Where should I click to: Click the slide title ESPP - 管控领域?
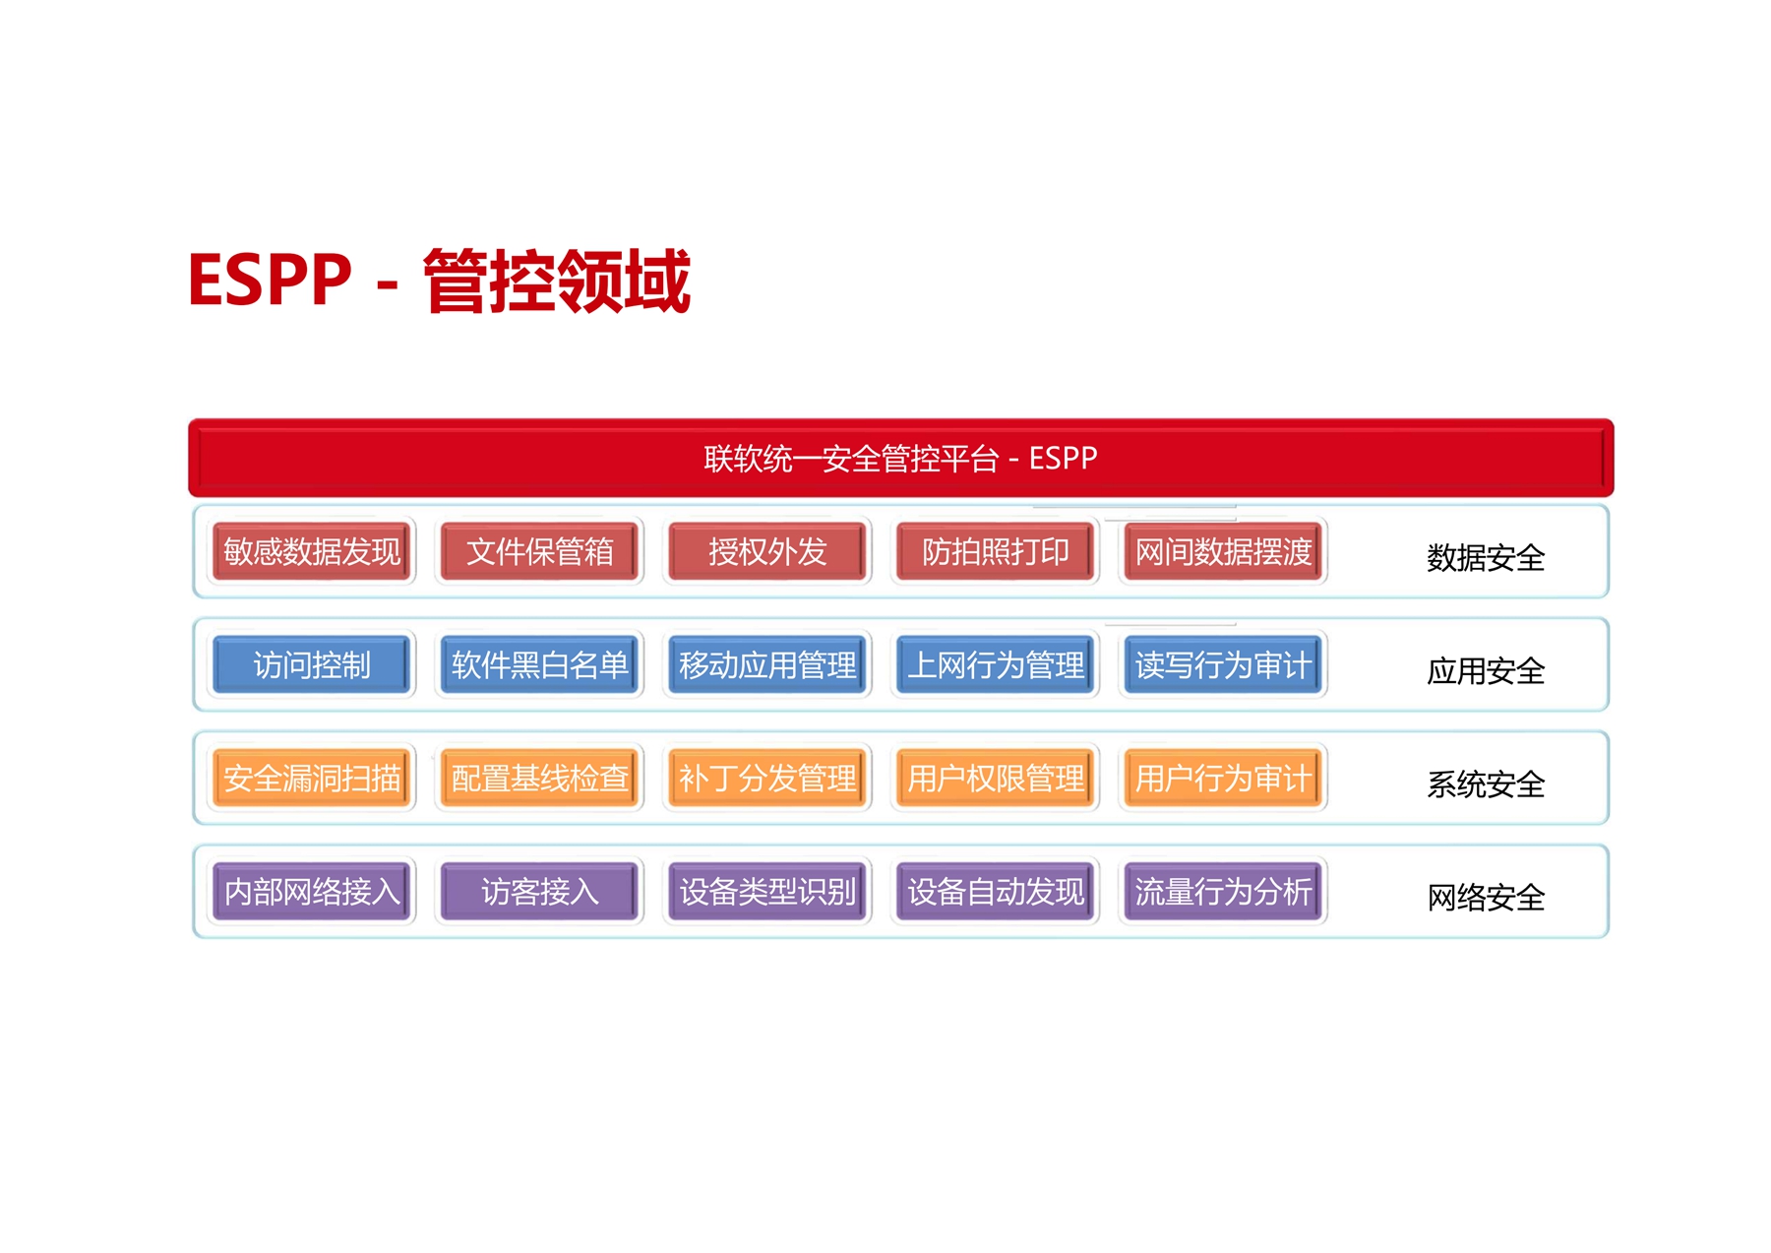click(439, 281)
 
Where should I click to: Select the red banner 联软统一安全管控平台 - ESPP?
click(900, 458)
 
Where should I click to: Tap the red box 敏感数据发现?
click(312, 551)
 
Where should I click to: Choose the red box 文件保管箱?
click(539, 551)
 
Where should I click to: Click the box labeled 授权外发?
click(767, 551)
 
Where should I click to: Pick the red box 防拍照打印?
click(995, 551)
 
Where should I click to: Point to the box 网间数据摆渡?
click(1223, 551)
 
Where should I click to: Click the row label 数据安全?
click(1486, 558)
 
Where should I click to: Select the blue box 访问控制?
click(312, 664)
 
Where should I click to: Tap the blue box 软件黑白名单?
click(539, 664)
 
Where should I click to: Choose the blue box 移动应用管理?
click(767, 664)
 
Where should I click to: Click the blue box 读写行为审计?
click(1223, 664)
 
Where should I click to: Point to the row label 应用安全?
click(1486, 671)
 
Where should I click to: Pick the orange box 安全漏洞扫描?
click(312, 778)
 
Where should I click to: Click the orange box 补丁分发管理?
click(767, 778)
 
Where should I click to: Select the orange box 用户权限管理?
click(995, 778)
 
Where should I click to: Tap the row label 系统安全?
click(1486, 784)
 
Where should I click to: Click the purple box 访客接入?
click(539, 891)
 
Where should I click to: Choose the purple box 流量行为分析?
click(1223, 891)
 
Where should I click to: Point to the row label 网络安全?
click(1486, 898)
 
